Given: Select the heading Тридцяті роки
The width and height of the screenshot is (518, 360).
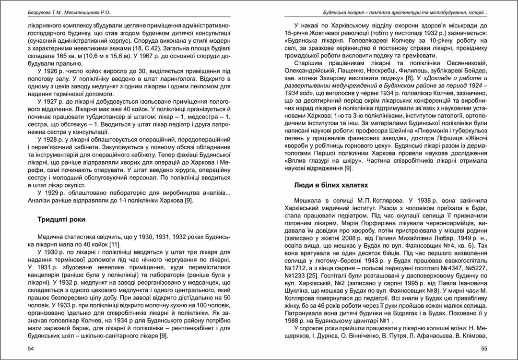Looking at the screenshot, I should pyautogui.click(x=61, y=219).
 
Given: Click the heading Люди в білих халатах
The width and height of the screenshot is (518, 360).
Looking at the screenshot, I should pyautogui.click(x=330, y=185).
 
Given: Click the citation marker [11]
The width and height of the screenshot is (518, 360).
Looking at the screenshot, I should pyautogui.click(x=115, y=245).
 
